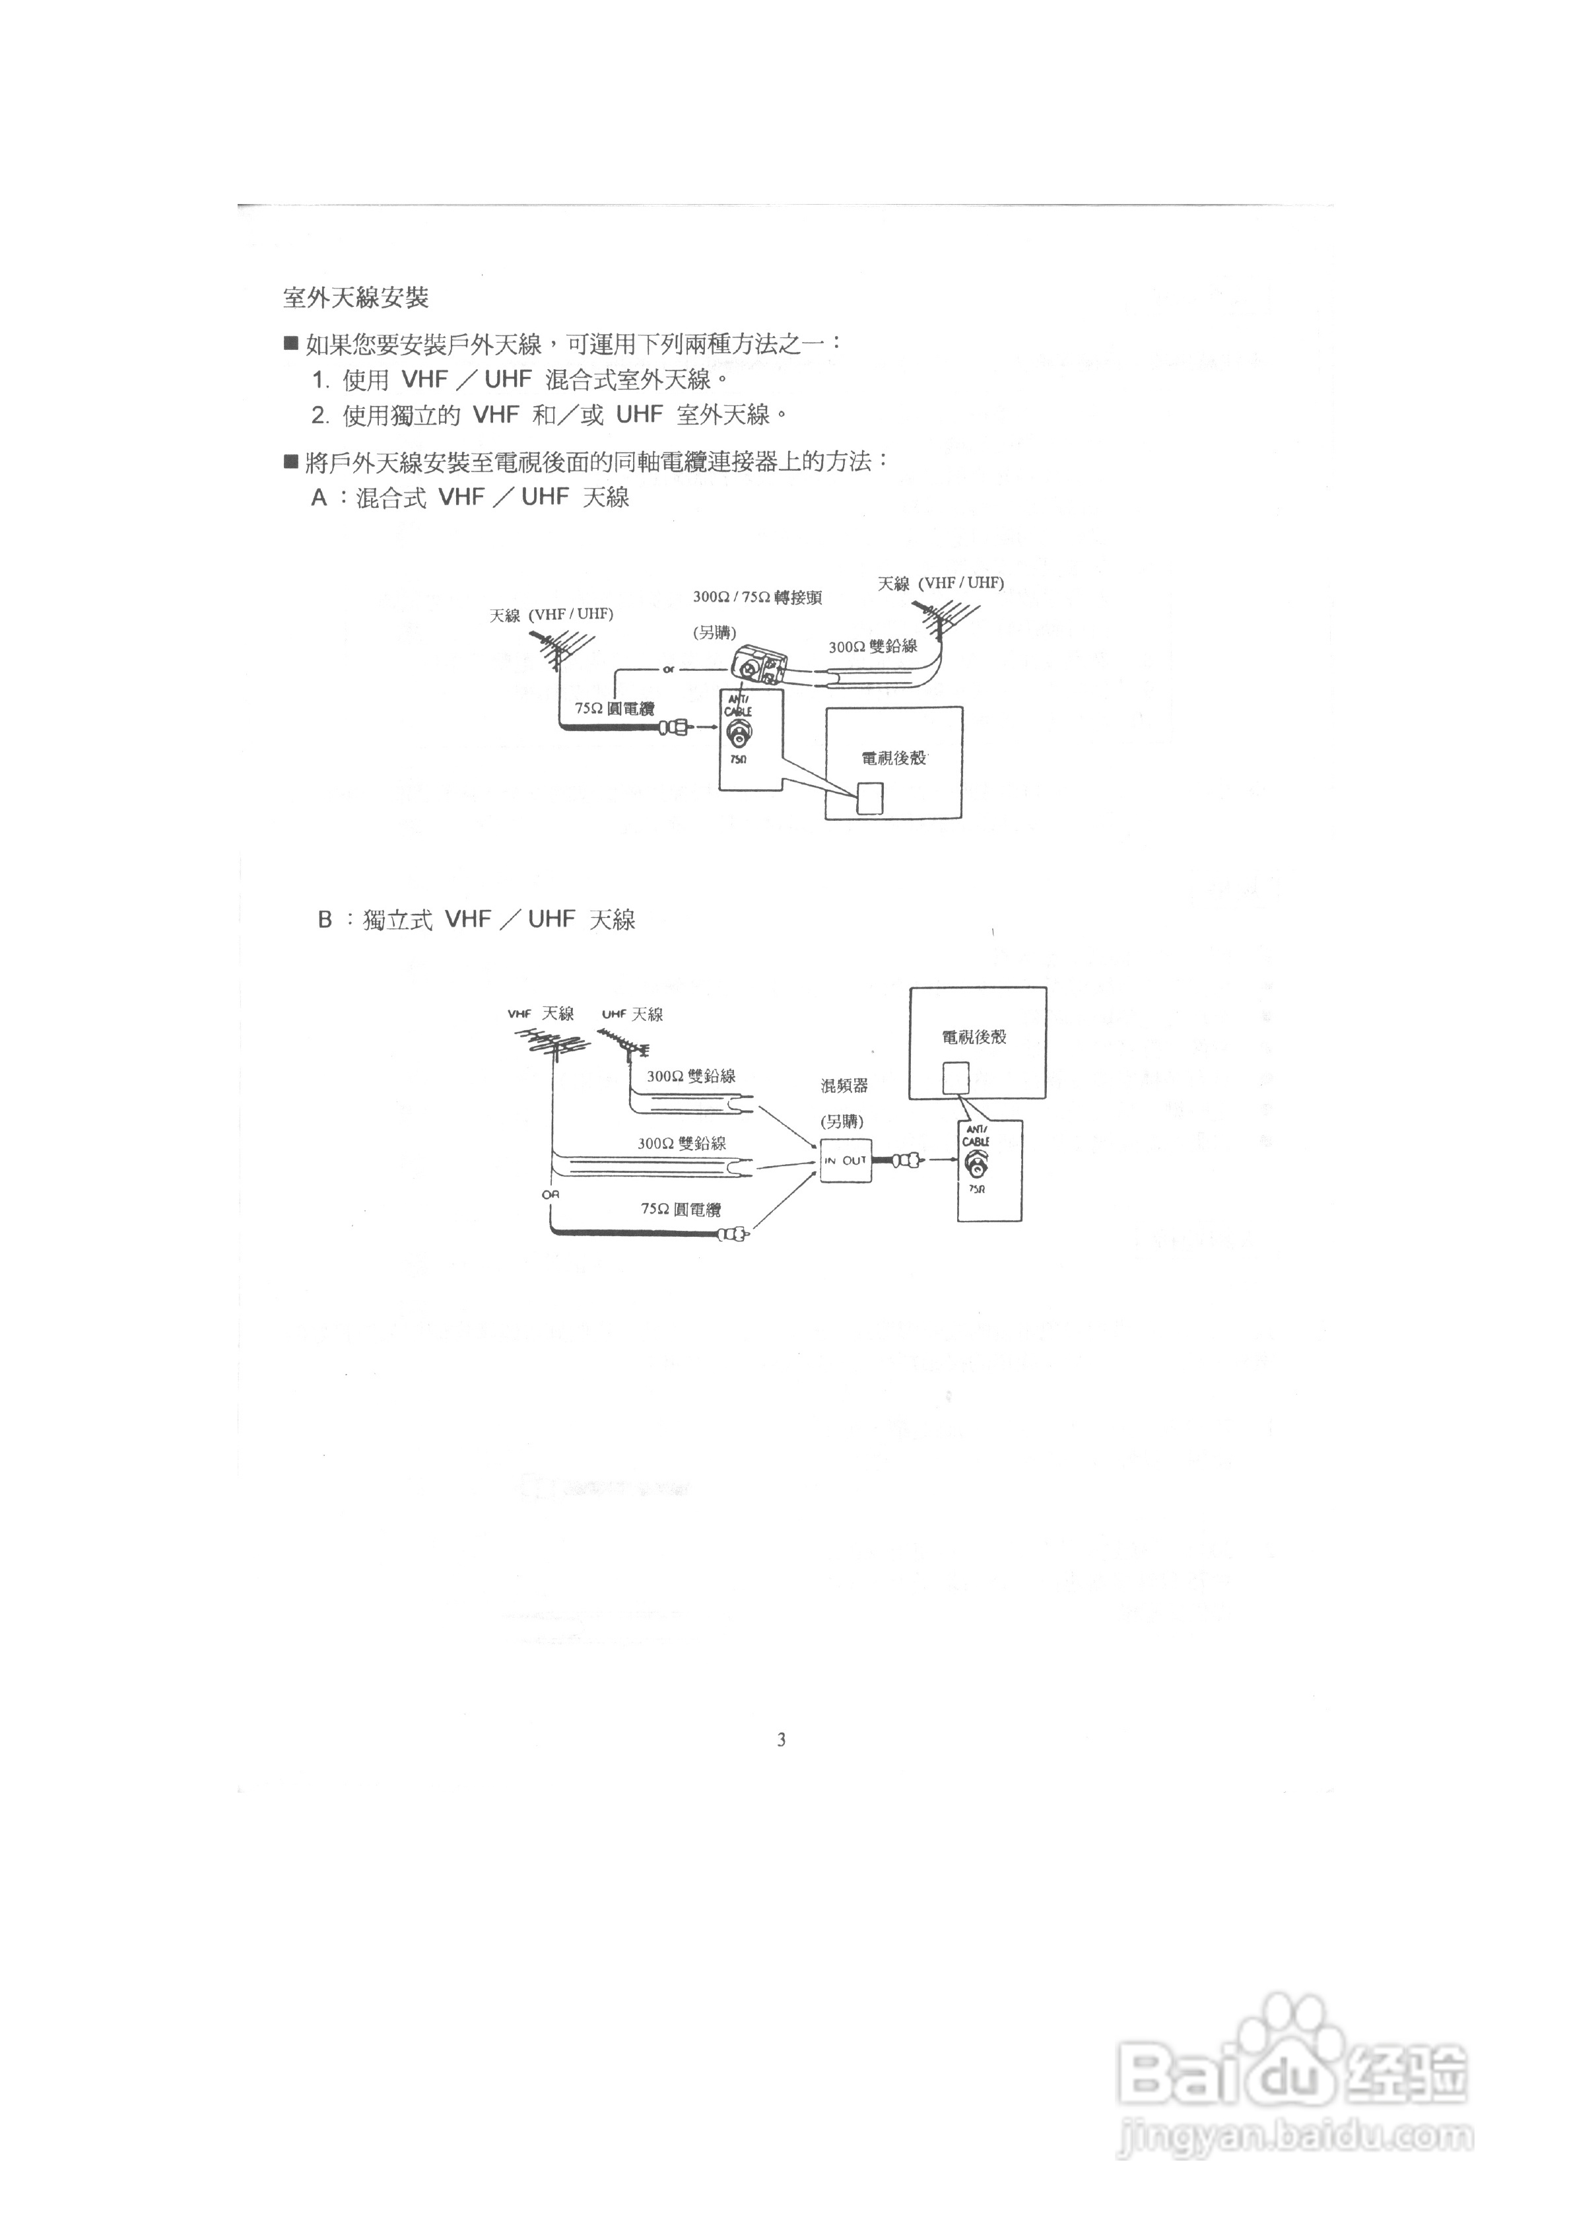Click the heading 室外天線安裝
click(x=356, y=297)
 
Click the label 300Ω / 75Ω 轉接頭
click(x=757, y=598)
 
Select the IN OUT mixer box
click(x=846, y=1160)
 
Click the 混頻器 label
click(x=845, y=1086)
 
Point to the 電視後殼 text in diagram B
click(x=974, y=1037)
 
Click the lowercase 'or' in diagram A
click(x=668, y=670)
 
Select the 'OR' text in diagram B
click(x=550, y=1195)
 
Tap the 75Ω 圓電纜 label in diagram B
click(x=681, y=1209)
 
